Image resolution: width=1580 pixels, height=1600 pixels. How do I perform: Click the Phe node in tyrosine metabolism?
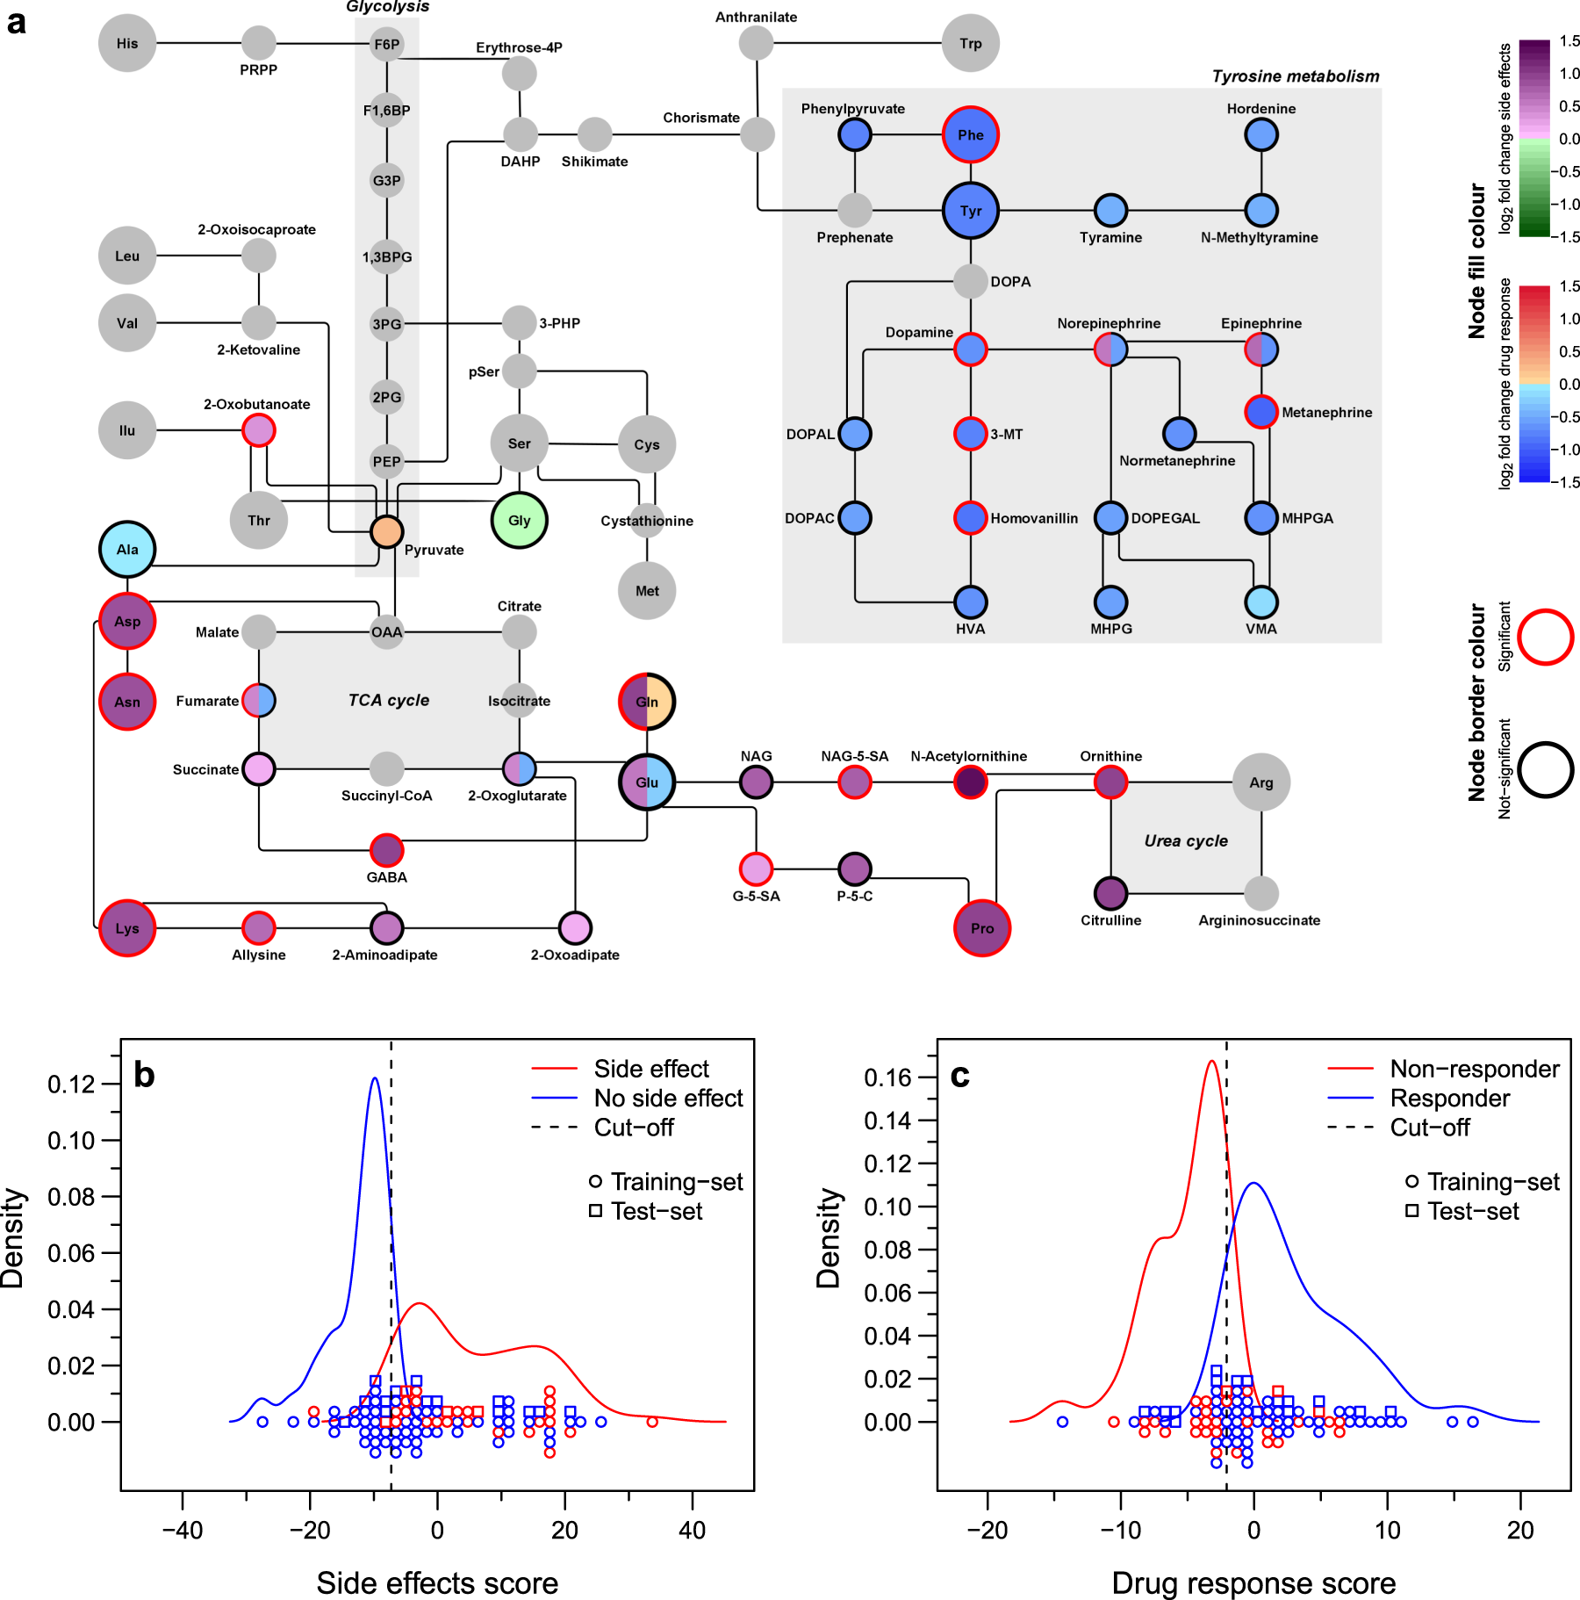pos(970,135)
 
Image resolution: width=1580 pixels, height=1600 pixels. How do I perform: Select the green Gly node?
pos(519,520)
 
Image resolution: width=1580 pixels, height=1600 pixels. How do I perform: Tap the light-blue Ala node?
pos(127,550)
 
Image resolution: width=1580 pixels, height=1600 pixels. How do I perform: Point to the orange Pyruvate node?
pos(386,531)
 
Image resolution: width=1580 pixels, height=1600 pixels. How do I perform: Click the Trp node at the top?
pos(970,43)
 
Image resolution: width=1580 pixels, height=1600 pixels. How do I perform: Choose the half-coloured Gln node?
pos(647,702)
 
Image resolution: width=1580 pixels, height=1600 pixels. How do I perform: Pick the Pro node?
pos(982,928)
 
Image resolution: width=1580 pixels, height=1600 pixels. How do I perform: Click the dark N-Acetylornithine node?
pos(970,782)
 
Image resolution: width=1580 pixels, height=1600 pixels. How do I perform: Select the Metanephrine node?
pos(1261,412)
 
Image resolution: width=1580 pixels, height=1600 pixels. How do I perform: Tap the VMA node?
pos(1261,602)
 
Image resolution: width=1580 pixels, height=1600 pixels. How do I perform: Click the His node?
pos(127,43)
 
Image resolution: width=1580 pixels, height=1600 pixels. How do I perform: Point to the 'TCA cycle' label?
pos(389,700)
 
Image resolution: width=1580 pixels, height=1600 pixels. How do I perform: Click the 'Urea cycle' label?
pos(1186,840)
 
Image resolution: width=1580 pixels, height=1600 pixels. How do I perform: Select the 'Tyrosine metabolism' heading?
pos(1295,76)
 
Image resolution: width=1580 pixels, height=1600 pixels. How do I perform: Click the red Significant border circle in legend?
pos(1545,637)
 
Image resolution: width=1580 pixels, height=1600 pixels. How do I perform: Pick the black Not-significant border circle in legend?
pos(1545,770)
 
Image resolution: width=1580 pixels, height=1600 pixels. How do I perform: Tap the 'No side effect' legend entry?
pos(668,1099)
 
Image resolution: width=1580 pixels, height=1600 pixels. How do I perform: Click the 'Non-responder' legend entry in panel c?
pos(1474,1069)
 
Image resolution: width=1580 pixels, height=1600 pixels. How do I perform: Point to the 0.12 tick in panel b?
pos(71,1085)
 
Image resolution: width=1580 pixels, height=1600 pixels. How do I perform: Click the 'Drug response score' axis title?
pos(1253,1582)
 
